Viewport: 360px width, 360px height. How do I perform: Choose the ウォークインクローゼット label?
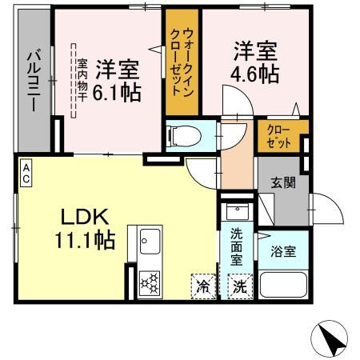(182, 65)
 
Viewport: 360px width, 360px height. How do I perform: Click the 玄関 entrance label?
(282, 182)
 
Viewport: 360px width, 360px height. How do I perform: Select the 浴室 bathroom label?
(284, 251)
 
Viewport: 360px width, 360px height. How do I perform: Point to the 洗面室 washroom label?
(237, 246)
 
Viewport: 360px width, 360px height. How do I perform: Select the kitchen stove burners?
(149, 284)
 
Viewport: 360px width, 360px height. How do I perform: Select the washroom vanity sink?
(237, 212)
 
